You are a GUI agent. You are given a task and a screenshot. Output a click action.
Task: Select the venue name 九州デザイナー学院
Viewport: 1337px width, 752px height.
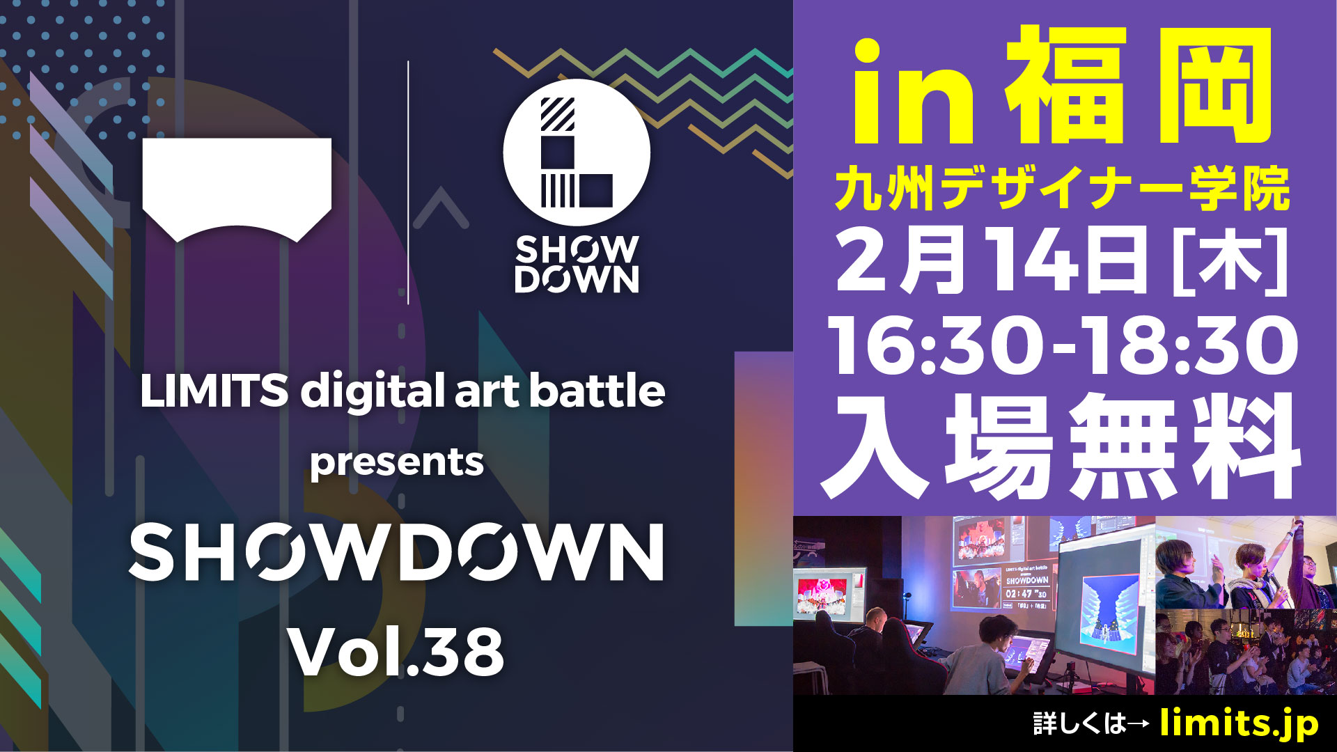coord(1062,189)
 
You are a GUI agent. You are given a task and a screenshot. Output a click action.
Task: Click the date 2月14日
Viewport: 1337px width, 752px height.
coord(992,260)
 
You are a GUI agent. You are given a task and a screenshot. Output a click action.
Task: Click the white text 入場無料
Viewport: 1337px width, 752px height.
coord(1061,446)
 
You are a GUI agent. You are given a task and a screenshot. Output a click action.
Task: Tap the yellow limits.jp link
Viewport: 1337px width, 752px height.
coord(1239,723)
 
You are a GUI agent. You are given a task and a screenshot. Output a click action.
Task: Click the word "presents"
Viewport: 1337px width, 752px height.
coord(396,463)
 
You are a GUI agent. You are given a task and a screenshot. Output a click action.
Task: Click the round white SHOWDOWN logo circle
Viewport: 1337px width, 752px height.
coord(577,152)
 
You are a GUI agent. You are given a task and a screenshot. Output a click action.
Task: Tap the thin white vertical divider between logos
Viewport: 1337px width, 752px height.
coord(408,182)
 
